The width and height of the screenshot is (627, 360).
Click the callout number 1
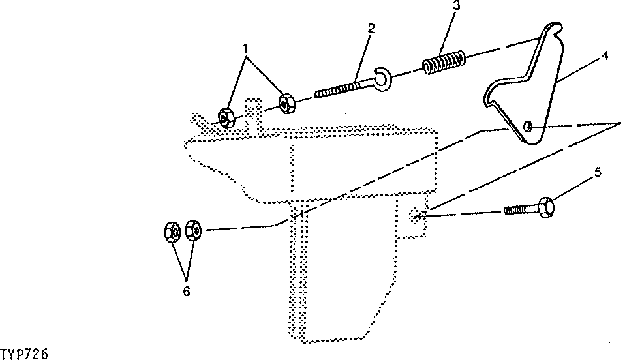point(245,49)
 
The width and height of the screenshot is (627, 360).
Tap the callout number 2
point(371,29)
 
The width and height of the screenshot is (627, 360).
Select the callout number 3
point(457,6)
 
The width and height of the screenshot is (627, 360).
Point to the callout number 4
point(605,55)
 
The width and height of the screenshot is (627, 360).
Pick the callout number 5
point(598,173)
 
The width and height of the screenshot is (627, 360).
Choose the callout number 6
point(187,292)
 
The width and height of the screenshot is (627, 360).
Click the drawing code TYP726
point(24,354)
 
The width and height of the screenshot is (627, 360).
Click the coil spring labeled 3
point(444,62)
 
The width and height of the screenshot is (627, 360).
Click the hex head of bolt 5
point(546,207)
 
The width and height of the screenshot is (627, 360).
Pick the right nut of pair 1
point(286,104)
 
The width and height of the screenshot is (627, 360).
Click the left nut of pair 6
point(172,232)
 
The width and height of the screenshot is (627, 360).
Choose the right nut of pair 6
point(194,230)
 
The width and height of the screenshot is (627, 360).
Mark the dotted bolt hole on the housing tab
point(416,216)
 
